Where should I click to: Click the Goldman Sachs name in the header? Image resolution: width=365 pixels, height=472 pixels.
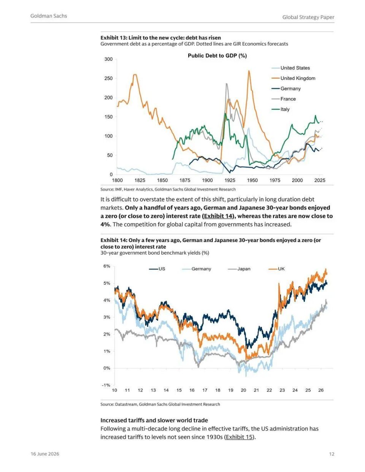click(49, 16)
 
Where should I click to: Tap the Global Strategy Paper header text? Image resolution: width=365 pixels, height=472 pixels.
click(308, 17)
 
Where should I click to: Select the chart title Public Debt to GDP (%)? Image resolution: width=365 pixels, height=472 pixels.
click(217, 56)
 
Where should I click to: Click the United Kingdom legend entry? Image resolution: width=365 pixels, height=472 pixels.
click(293, 78)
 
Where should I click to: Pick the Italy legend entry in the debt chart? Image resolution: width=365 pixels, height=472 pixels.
click(281, 109)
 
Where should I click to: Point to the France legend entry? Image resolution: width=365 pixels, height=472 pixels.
click(284, 99)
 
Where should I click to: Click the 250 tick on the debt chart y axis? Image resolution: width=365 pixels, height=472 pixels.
click(109, 78)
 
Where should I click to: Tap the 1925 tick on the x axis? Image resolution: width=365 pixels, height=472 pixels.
click(230, 180)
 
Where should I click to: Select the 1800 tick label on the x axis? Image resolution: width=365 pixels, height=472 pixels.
click(117, 180)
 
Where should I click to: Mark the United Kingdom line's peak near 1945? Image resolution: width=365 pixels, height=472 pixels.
click(249, 71)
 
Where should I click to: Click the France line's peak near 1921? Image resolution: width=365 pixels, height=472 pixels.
click(227, 83)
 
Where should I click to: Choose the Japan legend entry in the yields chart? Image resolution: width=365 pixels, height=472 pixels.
click(239, 269)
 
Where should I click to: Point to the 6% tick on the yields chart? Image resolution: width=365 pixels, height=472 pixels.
click(107, 266)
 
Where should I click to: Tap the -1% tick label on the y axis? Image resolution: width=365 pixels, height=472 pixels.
click(106, 385)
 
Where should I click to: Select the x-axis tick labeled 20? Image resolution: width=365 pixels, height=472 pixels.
click(243, 390)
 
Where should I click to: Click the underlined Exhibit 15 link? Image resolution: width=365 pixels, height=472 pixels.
click(240, 437)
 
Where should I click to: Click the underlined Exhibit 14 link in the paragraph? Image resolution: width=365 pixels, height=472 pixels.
click(218, 216)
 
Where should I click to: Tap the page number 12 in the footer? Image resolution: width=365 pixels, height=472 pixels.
click(332, 454)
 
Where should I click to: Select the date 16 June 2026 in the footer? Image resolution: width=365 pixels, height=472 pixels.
click(45, 454)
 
